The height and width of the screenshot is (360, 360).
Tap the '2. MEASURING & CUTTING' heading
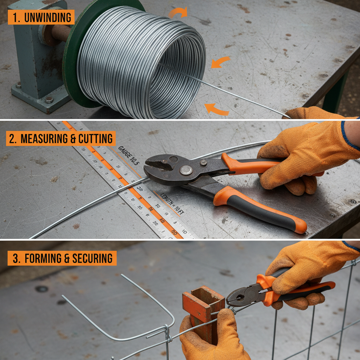61,139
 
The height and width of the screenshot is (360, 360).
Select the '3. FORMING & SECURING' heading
62,258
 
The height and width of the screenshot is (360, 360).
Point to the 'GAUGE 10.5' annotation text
129,154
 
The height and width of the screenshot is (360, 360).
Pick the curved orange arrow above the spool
178,13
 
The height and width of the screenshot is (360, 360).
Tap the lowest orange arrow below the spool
216,109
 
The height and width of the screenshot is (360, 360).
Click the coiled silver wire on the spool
141,63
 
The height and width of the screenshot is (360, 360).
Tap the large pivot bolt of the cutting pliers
186,170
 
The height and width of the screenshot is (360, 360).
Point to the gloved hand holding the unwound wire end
313,113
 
